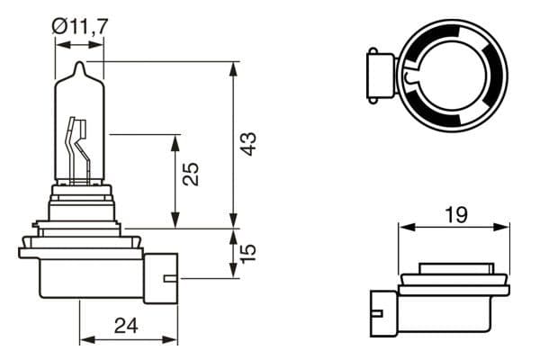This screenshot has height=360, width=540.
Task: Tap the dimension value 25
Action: (190, 174)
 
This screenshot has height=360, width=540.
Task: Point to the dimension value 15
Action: (249, 251)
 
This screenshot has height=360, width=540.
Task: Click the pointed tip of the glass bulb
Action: (79, 65)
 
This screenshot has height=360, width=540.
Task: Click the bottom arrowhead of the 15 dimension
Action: (233, 273)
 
